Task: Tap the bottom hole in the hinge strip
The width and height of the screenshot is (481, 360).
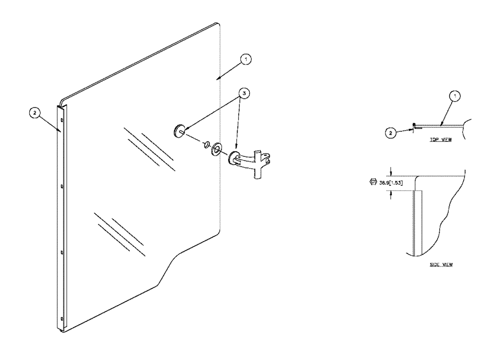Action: [62, 317]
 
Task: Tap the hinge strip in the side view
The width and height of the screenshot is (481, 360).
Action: [418, 221]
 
